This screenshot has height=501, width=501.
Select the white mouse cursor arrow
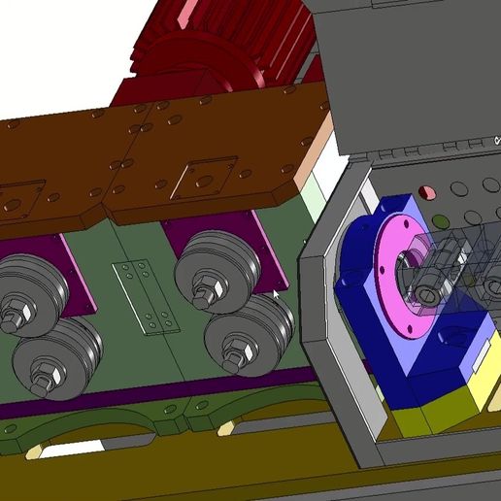[x=277, y=293]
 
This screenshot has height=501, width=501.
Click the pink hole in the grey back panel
[x=423, y=191]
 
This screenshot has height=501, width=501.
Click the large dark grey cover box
[x=408, y=68]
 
